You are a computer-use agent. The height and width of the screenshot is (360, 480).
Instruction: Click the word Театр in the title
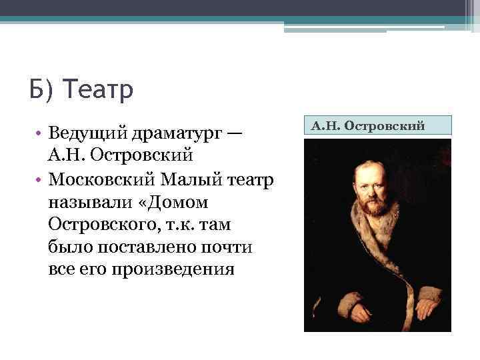pyautogui.click(x=99, y=89)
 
